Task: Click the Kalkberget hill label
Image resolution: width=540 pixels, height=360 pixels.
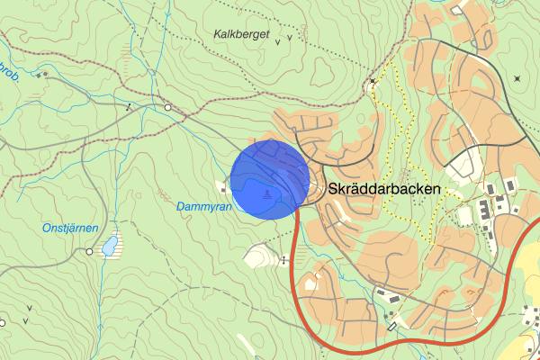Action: [x=242, y=34]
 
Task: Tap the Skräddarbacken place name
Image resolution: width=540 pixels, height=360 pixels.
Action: [x=384, y=190]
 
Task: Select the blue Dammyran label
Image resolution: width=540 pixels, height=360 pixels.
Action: [x=204, y=206]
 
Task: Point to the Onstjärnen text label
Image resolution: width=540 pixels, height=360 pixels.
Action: [x=69, y=229]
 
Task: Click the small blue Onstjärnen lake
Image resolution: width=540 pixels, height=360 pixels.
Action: [x=110, y=244]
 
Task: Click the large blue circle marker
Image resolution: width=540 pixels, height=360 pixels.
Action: [x=270, y=179]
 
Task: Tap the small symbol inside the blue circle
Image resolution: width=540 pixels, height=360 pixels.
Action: [x=267, y=194]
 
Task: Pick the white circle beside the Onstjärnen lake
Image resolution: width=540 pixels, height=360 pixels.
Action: [x=89, y=251]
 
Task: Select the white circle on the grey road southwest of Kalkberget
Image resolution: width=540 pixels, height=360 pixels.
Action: [x=168, y=108]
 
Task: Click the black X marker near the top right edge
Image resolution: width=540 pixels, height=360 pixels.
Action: [x=517, y=78]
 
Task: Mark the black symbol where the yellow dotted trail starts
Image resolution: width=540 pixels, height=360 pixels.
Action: [x=373, y=81]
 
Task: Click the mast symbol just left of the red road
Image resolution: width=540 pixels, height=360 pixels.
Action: [x=284, y=260]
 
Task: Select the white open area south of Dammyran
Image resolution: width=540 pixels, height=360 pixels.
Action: [x=260, y=255]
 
